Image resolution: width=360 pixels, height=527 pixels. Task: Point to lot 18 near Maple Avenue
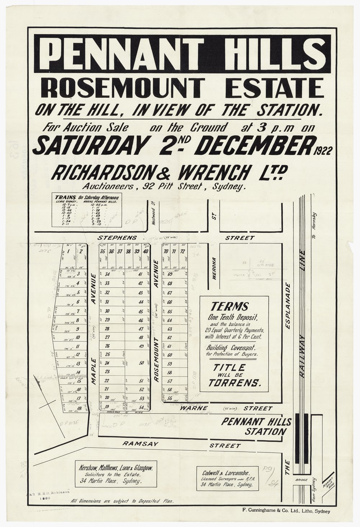(x=78, y=409)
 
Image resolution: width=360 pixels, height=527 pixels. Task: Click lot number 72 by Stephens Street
(x=183, y=251)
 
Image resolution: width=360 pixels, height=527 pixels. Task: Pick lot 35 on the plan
(x=103, y=251)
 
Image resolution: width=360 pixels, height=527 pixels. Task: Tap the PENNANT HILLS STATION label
(x=256, y=426)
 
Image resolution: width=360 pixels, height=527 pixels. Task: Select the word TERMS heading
(x=235, y=306)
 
